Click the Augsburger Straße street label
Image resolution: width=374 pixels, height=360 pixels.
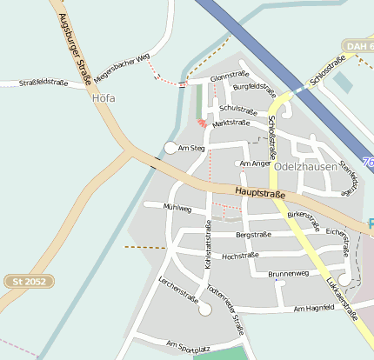77,44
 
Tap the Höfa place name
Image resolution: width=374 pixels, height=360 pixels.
104,98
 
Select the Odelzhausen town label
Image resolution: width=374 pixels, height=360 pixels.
304,165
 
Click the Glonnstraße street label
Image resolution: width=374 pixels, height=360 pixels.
230,78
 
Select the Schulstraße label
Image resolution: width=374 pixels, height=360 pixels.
238,109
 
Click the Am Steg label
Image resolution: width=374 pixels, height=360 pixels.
190,149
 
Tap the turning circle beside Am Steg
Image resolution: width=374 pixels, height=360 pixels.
170,148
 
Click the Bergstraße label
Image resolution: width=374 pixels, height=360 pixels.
253,234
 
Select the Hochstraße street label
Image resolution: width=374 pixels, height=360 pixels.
241,257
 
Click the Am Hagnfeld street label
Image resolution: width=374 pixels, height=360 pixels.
315,309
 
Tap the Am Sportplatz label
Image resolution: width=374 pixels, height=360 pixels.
188,346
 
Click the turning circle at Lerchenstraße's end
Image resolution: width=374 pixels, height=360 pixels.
205,309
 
